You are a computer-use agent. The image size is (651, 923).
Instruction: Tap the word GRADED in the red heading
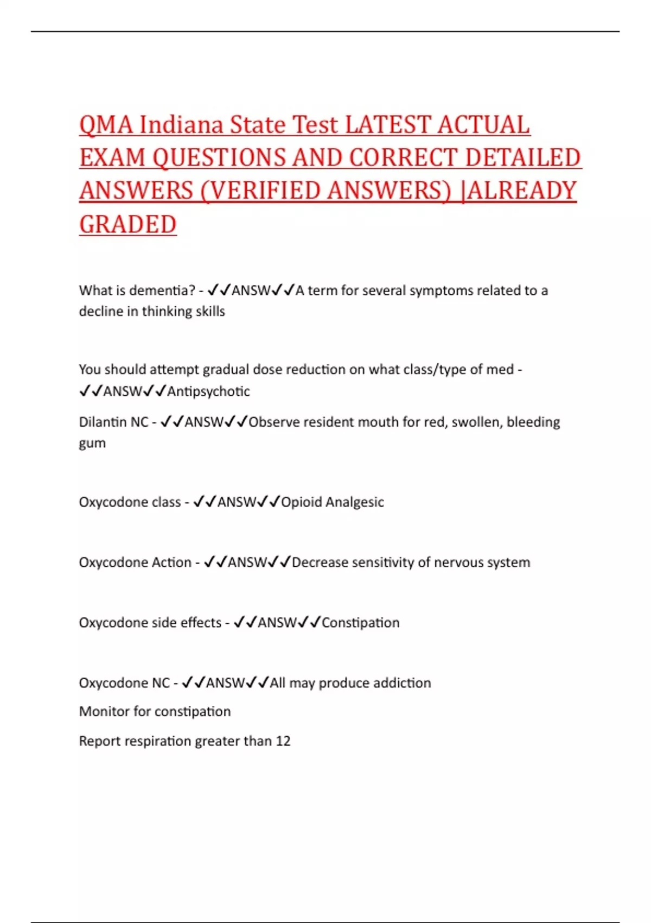pos(128,224)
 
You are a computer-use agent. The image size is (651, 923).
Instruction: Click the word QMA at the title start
pos(106,125)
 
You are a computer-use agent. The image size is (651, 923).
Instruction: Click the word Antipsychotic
pos(209,391)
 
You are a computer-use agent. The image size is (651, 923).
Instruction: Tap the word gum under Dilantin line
pos(92,444)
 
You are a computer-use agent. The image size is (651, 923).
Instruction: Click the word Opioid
pos(302,502)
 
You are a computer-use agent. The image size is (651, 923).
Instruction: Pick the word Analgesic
pos(355,502)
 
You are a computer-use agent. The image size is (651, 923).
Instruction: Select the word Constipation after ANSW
pos(361,623)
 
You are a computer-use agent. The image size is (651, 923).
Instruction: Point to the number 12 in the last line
pos(283,741)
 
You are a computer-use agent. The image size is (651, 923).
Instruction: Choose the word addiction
pos(402,683)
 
